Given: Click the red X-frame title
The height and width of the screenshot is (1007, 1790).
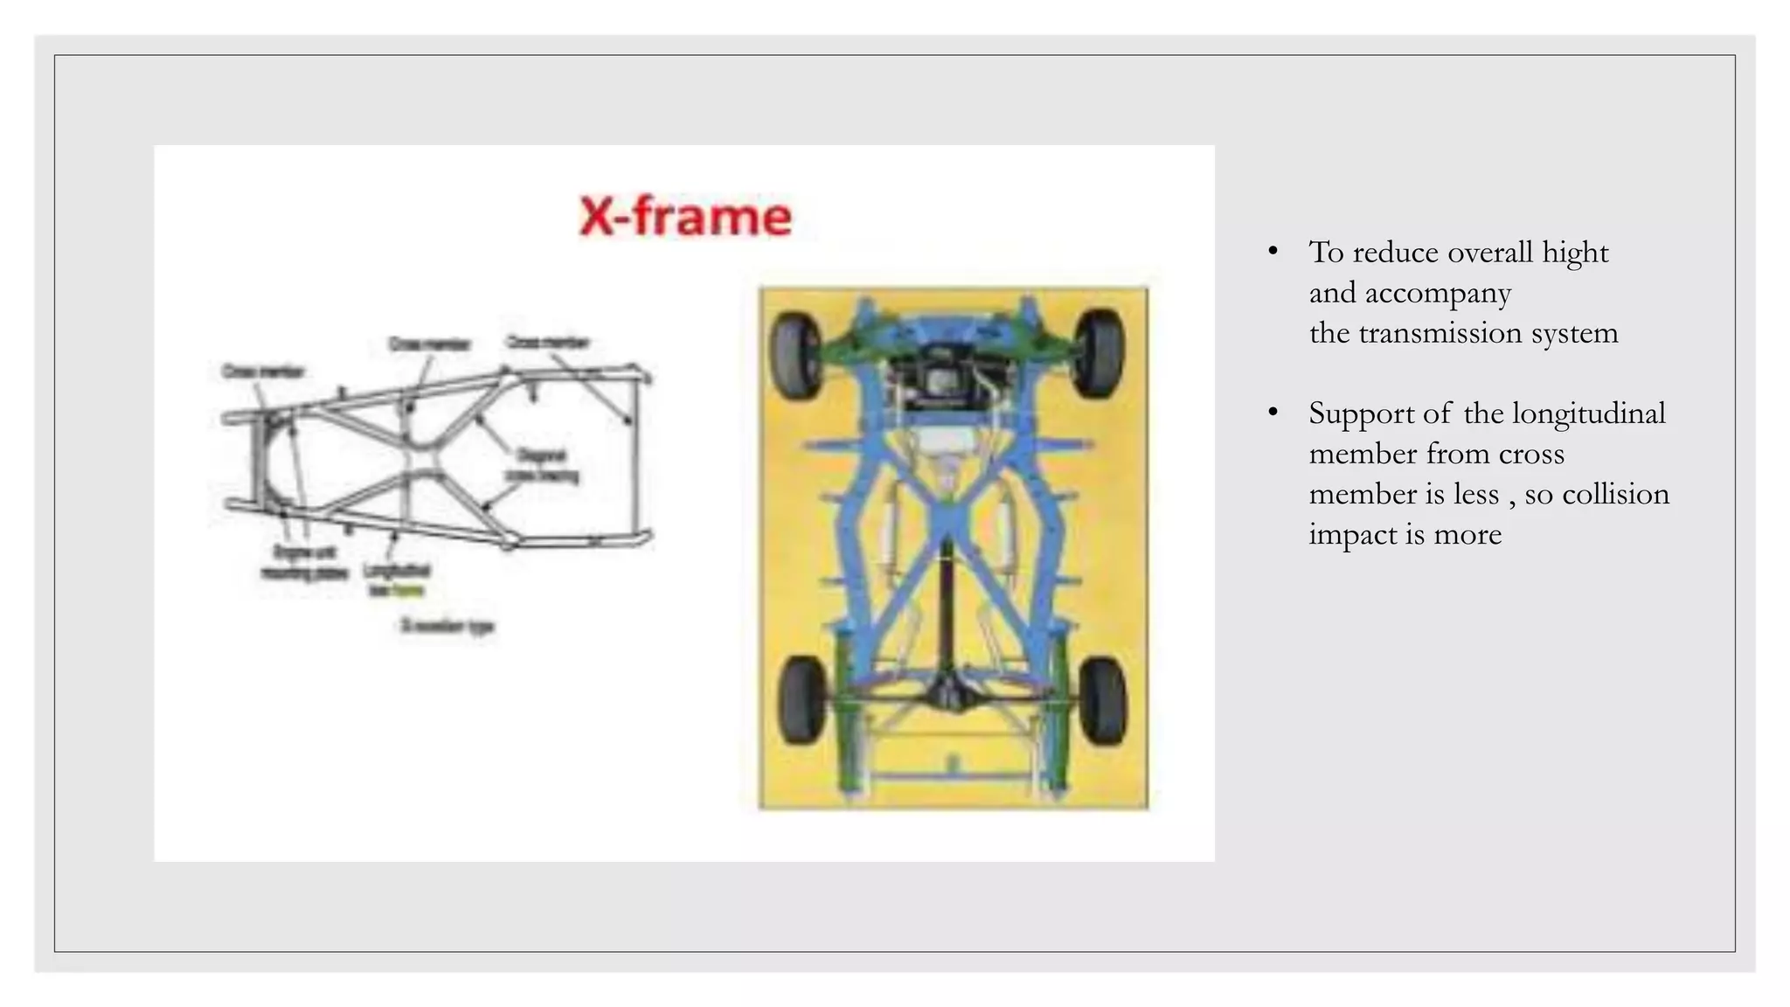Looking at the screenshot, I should click(685, 216).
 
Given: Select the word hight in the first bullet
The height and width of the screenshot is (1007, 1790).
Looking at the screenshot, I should click(1575, 253).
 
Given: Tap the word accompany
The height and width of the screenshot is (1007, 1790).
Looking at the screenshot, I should click(1438, 293).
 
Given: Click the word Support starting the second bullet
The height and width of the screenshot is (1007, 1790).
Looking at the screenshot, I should click(1363, 413).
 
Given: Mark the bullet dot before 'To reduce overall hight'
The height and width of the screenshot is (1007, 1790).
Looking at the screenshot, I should click(1273, 252).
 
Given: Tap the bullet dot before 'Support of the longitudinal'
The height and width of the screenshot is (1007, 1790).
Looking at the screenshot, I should click(1273, 412).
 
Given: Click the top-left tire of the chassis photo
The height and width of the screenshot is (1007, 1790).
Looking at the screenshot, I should click(796, 355).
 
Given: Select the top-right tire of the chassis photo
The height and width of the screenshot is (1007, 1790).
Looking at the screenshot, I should click(1100, 353).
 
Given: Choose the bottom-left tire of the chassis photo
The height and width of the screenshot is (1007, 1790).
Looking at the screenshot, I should click(801, 700).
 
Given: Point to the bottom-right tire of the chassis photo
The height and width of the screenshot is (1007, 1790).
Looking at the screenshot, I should click(1102, 700).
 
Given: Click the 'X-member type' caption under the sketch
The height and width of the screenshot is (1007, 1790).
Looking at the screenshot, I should click(447, 626).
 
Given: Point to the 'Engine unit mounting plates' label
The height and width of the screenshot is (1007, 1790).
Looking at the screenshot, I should click(304, 563).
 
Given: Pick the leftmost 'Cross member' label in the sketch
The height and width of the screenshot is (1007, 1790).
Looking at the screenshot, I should click(262, 372).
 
